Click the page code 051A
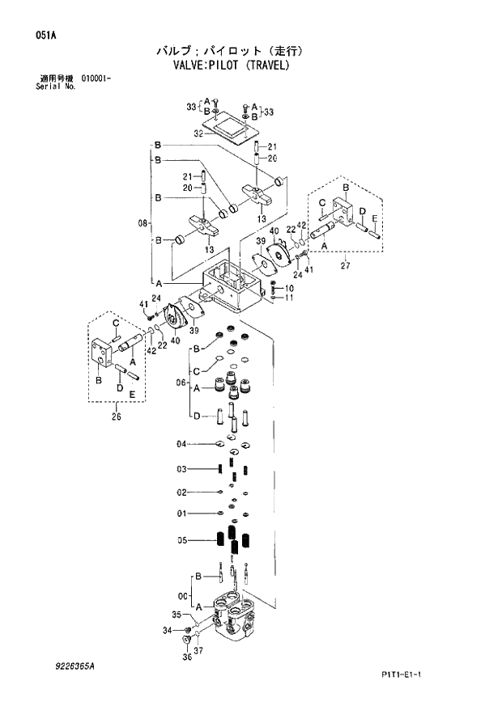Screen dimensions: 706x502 pos(34,34)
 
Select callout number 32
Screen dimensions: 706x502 pos(197,133)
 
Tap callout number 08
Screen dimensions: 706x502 pos(143,221)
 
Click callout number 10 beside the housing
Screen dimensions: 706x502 pos(289,288)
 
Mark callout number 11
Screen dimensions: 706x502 pos(289,298)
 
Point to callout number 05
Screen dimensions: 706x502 pos(182,541)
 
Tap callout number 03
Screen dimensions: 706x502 pos(182,469)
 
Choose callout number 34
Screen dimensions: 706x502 pos(167,630)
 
